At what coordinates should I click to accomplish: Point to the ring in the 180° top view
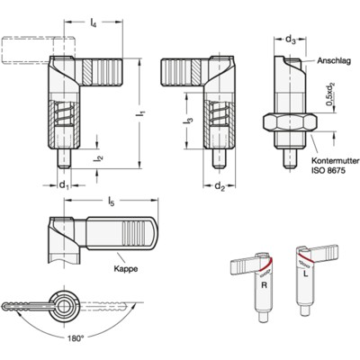pyautogui.click(x=64, y=301)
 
